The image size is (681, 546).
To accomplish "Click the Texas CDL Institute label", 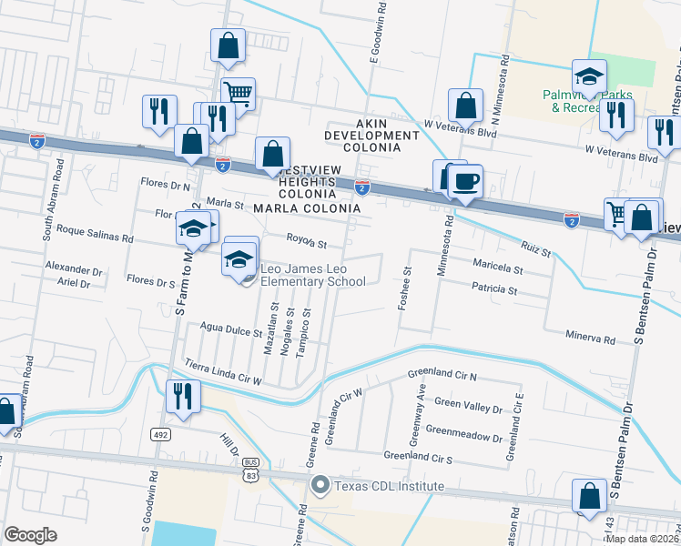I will click(389, 486).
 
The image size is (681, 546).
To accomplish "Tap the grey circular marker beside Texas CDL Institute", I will click(320, 485).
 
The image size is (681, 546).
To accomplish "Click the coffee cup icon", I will click(465, 181).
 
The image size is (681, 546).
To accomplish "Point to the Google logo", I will click(30, 534).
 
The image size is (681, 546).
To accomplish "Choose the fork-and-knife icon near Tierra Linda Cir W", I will click(182, 397).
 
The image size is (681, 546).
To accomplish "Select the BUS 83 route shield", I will click(251, 468).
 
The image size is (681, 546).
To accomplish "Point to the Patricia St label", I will click(494, 290).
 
